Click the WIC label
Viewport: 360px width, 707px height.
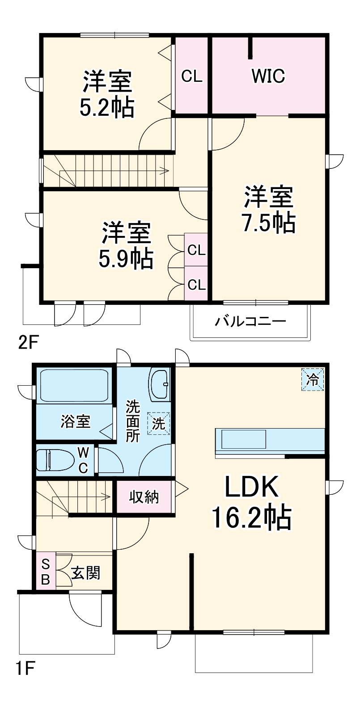point(268,76)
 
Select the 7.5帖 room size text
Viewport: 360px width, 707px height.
point(269,222)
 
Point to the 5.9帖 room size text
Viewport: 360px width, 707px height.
point(126,258)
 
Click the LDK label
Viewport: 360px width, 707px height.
point(251,488)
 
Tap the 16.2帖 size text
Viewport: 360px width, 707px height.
point(251,518)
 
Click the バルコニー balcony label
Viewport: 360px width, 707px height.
point(250,321)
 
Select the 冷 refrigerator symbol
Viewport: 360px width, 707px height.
point(313,380)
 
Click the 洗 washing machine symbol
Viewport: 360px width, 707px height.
point(159,423)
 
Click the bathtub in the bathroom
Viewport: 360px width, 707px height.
point(74,385)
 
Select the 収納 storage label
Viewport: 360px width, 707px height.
point(144,497)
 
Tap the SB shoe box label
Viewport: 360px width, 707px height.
point(45,572)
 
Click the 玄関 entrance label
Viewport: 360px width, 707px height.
point(85,572)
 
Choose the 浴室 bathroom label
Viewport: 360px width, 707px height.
point(75,421)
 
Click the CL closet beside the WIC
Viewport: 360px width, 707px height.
point(192,76)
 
